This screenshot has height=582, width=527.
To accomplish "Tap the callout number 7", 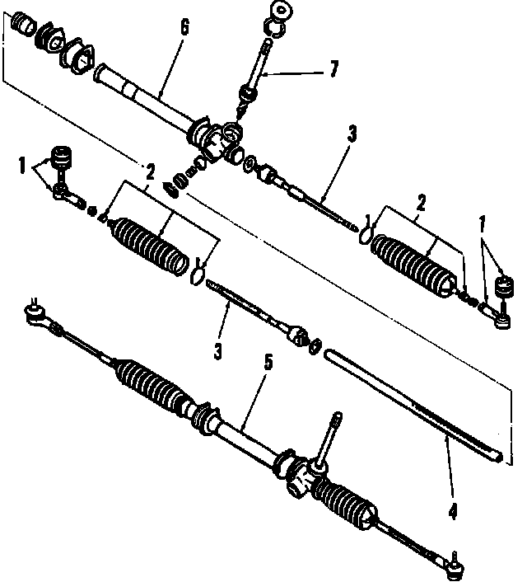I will (333, 69).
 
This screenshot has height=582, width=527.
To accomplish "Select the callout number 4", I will (452, 511).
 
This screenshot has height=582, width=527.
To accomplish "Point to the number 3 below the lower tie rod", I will (217, 351).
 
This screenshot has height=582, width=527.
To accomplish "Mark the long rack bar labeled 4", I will (412, 400).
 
